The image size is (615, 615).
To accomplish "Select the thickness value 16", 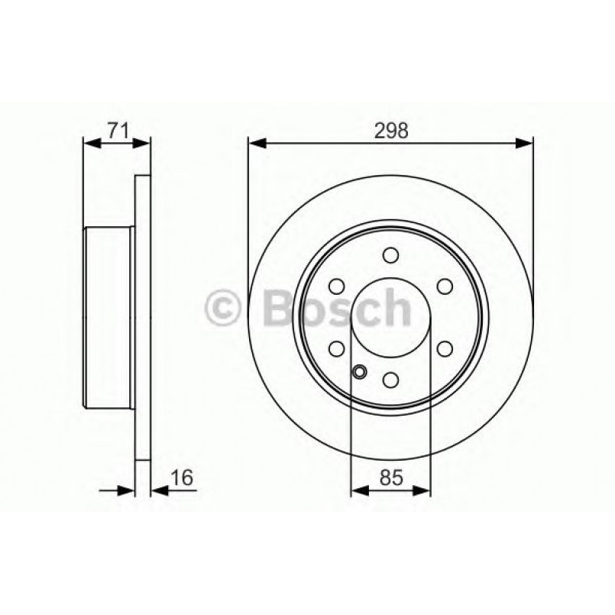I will click(x=180, y=478).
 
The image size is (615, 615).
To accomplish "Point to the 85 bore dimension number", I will click(x=390, y=478).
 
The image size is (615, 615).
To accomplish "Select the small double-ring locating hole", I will click(x=360, y=373).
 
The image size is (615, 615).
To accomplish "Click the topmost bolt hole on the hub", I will click(x=390, y=254).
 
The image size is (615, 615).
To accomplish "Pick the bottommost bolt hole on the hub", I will click(x=390, y=380).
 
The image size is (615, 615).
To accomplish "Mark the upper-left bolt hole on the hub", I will click(x=336, y=286).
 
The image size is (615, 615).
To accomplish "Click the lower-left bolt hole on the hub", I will click(x=336, y=348).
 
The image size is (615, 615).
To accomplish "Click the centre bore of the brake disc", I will click(x=390, y=317).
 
